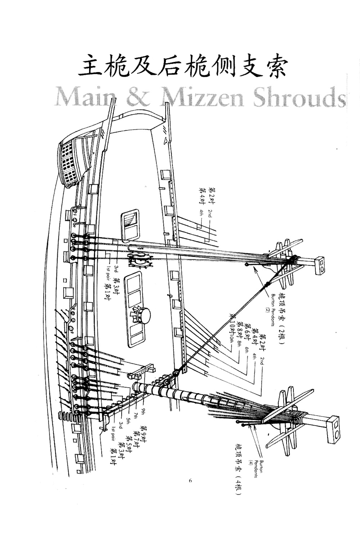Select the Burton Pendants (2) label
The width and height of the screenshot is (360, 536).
[275, 303]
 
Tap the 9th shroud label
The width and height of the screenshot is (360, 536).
[143, 411]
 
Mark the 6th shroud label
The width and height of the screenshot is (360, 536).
[247, 350]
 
